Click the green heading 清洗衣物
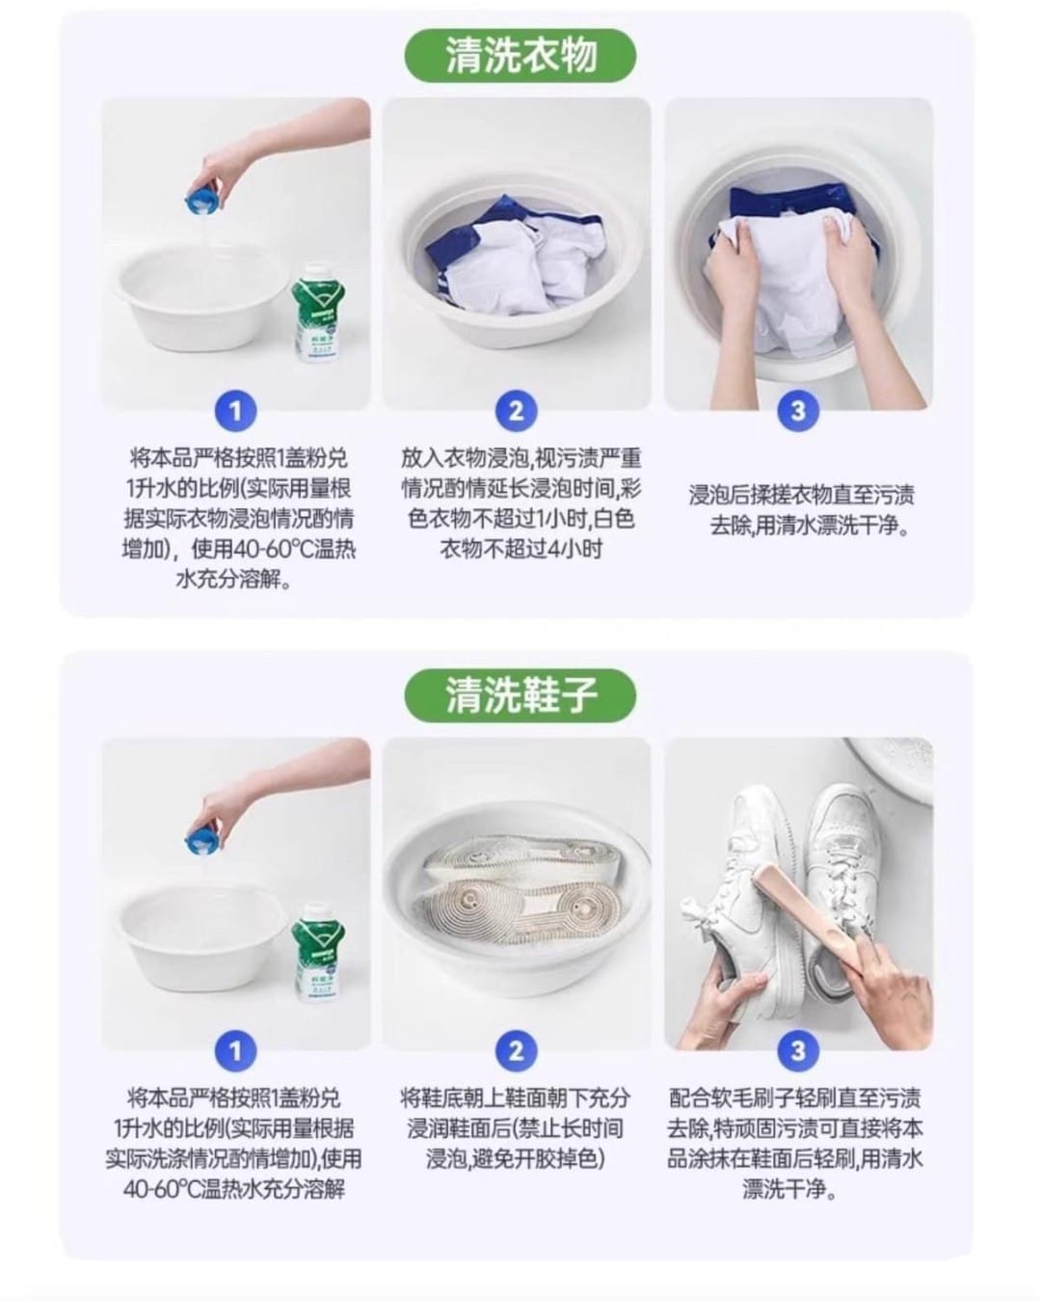click(520, 56)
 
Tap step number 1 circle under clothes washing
click(235, 412)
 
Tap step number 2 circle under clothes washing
click(516, 412)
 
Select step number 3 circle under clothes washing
click(797, 412)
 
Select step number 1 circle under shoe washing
click(235, 1050)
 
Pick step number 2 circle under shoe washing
click(516, 1050)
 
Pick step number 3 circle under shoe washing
click(797, 1050)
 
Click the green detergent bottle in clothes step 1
click(321, 318)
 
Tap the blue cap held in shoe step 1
click(202, 839)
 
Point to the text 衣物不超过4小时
click(520, 550)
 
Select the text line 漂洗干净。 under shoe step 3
click(789, 1189)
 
